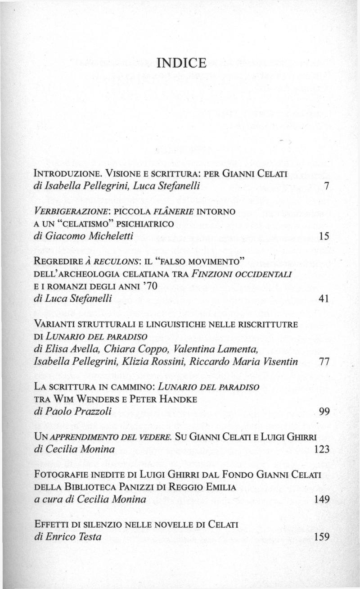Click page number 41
324,299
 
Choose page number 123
321,449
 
